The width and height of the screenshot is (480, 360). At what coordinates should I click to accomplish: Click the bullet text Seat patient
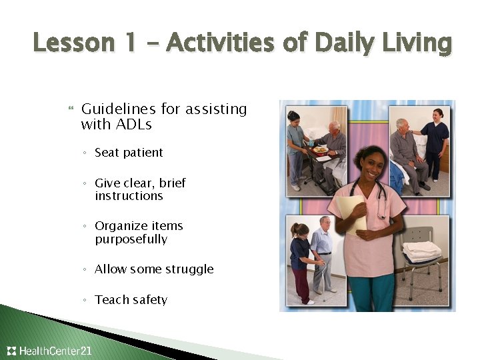129,153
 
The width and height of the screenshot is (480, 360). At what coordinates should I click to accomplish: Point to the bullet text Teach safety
131,300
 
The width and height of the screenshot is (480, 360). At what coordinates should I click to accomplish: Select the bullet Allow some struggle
154,269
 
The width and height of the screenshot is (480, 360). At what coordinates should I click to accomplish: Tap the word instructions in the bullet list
129,196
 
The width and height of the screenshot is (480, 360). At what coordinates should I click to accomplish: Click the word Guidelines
117,109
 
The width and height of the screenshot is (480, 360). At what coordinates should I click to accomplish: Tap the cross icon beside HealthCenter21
11,351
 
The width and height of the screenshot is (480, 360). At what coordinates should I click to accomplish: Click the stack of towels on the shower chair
421,251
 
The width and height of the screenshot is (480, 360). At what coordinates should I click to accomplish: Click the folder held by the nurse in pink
351,213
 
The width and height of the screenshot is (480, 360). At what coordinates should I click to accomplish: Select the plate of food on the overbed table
321,150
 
